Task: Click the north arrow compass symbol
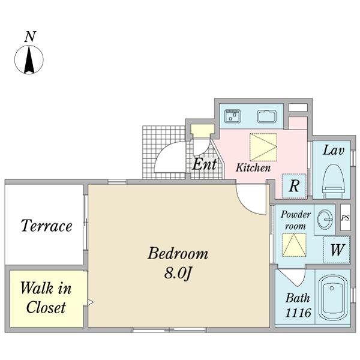click(29, 59)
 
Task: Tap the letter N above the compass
click(31, 37)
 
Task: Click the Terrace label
click(46, 226)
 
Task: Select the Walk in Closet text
click(46, 298)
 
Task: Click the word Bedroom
click(178, 253)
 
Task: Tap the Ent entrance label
click(205, 164)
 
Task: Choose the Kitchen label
click(253, 167)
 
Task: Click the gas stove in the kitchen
click(233, 116)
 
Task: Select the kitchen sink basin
click(267, 116)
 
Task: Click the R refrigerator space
click(294, 186)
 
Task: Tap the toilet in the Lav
click(334, 181)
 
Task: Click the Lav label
click(334, 151)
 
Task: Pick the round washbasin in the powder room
click(325, 220)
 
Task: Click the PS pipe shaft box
click(346, 217)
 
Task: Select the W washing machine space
click(337, 250)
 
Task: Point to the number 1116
click(298, 313)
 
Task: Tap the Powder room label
click(295, 220)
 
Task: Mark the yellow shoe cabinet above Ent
click(203, 131)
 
